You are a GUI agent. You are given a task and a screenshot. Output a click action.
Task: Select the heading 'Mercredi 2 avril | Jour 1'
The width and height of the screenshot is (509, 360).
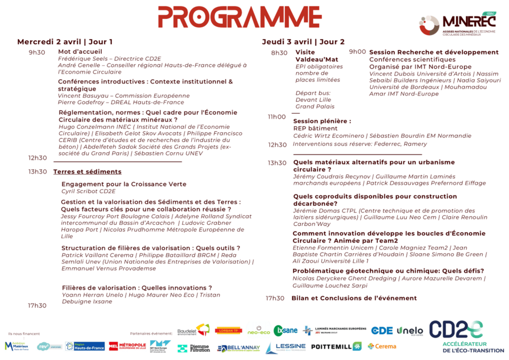click(65, 42)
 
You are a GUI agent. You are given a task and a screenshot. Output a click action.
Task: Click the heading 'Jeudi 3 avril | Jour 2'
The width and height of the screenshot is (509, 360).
click(303, 42)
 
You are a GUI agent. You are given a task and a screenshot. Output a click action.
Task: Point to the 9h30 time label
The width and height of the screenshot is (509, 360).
click(37, 52)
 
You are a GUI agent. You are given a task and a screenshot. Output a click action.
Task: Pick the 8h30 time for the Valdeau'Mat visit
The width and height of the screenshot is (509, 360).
click(279, 53)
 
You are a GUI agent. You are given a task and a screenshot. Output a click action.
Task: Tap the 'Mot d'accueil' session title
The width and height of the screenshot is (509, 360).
click(80, 51)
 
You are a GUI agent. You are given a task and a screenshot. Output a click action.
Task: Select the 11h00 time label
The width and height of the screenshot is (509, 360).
click(277, 117)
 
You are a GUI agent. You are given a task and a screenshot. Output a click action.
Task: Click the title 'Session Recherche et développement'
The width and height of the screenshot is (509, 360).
click(434, 52)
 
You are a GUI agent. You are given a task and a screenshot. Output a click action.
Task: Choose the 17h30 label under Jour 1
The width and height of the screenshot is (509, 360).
click(37, 305)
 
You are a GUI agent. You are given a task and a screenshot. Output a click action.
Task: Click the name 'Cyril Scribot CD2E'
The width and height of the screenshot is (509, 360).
click(88, 191)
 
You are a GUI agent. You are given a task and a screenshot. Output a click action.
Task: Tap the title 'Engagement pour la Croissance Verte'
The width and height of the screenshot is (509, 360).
click(124, 184)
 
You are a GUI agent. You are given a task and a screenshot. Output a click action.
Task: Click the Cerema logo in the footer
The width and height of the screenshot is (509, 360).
click(382, 346)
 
